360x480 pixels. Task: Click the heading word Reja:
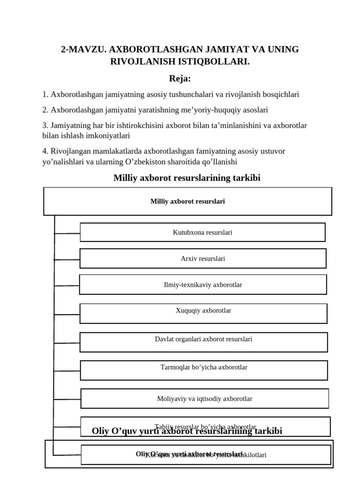pyautogui.click(x=180, y=78)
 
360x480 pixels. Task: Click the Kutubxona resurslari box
pyautogui.click(x=202, y=232)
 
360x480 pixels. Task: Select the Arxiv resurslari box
pyautogui.click(x=202, y=258)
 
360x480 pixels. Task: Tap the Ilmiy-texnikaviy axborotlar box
pyautogui.click(x=202, y=285)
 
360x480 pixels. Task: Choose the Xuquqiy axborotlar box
pyautogui.click(x=203, y=313)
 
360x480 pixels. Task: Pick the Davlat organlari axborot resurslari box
pyautogui.click(x=203, y=342)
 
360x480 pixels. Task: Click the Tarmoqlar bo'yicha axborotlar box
pyautogui.click(x=203, y=370)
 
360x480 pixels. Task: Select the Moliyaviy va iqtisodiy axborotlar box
pyautogui.click(x=204, y=398)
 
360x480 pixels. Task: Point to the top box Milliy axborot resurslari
pyautogui.click(x=187, y=201)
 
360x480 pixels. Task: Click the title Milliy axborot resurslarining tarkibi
pyautogui.click(x=187, y=178)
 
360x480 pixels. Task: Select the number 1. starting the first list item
pyautogui.click(x=45, y=94)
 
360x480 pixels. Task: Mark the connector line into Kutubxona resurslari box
pyautogui.click(x=67, y=233)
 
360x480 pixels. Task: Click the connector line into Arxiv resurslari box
pyautogui.click(x=67, y=259)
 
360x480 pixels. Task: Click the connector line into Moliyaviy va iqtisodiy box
pyautogui.click(x=67, y=399)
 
